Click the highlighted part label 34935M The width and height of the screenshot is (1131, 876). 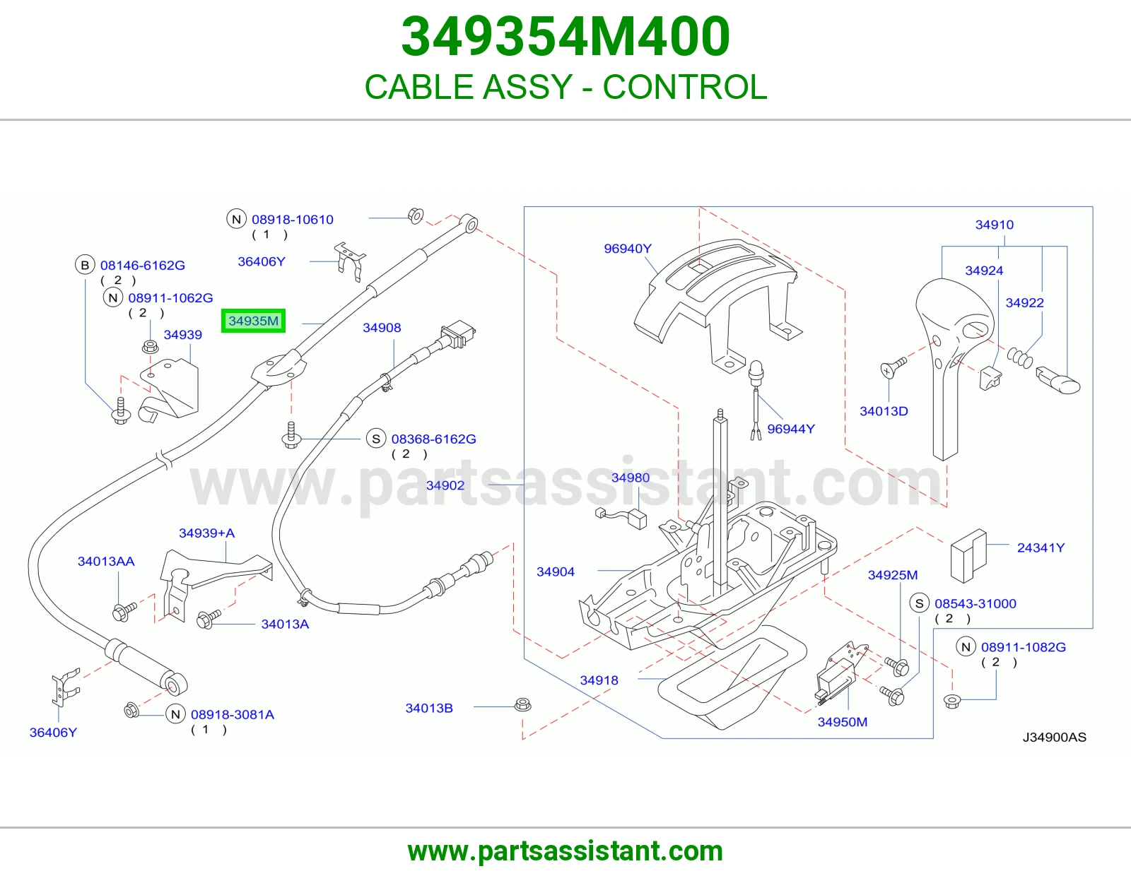point(254,321)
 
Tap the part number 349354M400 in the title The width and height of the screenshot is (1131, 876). point(565,37)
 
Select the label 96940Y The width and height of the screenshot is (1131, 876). point(627,249)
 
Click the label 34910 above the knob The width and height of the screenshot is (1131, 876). point(994,225)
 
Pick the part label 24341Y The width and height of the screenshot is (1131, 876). point(1041,547)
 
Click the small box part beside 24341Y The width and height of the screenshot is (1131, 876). point(968,556)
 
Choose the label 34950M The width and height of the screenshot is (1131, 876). point(842,722)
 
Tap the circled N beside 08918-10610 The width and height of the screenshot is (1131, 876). point(236,219)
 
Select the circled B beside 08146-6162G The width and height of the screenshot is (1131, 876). point(85,265)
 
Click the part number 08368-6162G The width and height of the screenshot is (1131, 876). point(433,439)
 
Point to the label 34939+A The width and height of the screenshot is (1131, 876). point(206,533)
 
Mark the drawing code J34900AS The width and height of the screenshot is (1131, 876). point(1055,737)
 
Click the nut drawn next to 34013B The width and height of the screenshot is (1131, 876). point(522,705)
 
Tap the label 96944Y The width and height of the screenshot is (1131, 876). point(791,429)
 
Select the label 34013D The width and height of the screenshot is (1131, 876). point(884,411)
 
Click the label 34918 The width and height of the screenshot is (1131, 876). point(599,680)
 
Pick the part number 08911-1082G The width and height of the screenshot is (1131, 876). point(1024,647)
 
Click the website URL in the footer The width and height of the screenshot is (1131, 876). point(565,851)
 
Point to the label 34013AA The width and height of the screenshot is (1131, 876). point(106,562)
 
